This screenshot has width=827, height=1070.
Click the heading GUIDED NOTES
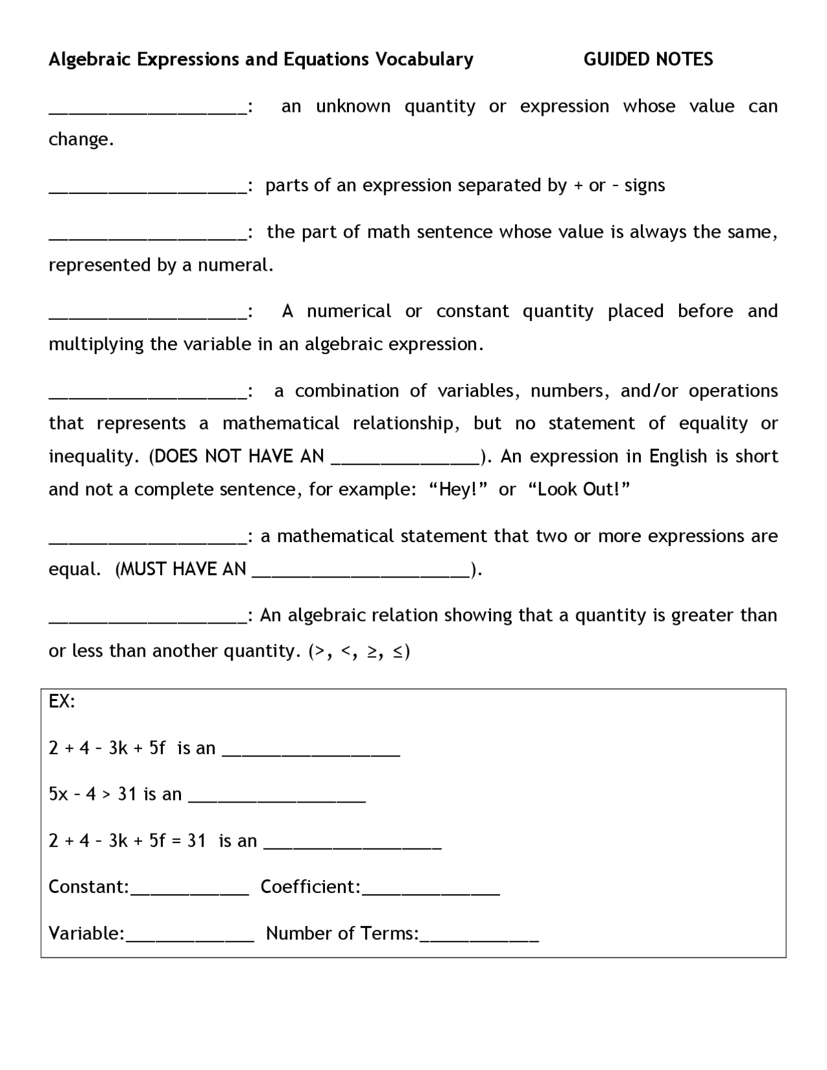(x=648, y=59)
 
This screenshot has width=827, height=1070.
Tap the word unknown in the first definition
(x=353, y=107)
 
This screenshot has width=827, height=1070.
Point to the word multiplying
(x=96, y=344)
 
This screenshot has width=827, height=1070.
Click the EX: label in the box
(x=62, y=702)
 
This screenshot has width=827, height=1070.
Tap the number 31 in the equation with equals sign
(x=196, y=841)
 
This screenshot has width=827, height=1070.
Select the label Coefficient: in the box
(x=310, y=887)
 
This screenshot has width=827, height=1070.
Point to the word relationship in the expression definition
(x=406, y=424)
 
